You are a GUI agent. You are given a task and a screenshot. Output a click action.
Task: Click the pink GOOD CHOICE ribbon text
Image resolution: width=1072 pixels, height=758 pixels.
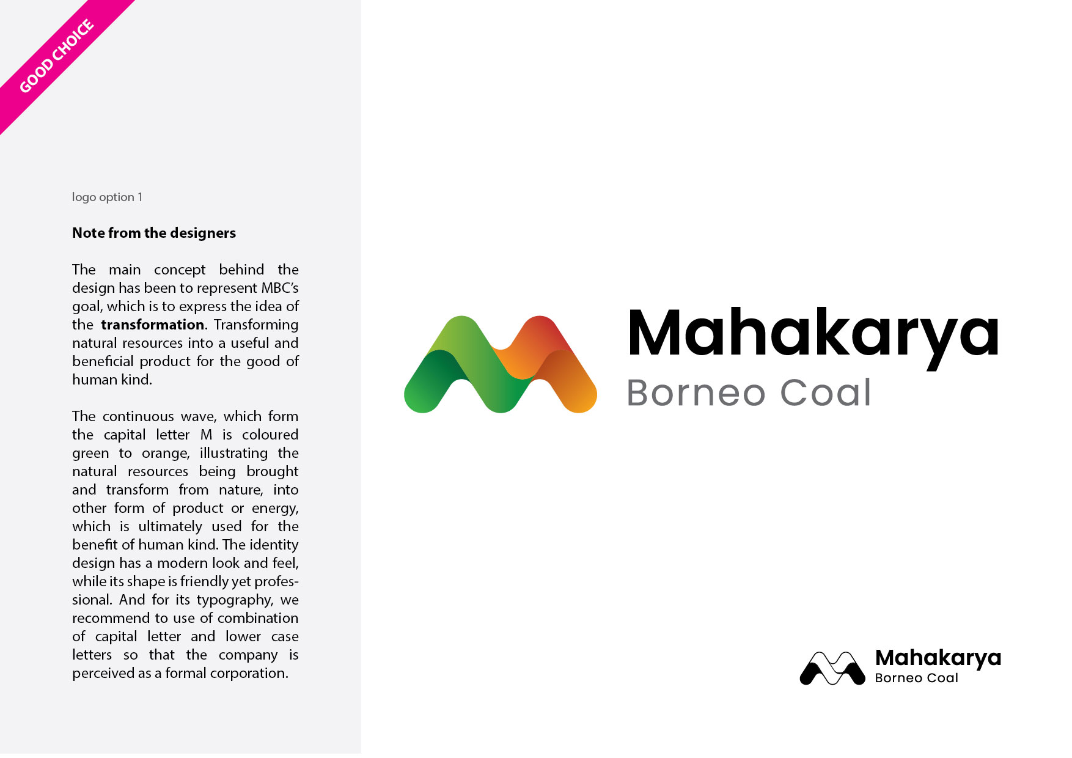click(x=57, y=56)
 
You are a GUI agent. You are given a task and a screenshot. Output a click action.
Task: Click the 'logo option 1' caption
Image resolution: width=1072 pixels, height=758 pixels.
click(x=107, y=197)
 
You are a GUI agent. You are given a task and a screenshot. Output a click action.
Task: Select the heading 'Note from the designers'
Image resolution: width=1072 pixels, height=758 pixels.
click(x=154, y=233)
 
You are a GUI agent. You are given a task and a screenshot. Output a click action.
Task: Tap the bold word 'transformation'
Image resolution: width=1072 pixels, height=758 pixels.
click(x=153, y=325)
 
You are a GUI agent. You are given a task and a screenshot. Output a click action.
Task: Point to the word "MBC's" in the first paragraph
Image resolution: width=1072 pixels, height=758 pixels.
click(x=280, y=288)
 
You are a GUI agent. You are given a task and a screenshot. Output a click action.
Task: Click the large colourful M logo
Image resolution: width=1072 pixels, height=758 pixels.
click(x=500, y=364)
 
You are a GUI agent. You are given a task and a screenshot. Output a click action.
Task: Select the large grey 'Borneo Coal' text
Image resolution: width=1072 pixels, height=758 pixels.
click(x=749, y=392)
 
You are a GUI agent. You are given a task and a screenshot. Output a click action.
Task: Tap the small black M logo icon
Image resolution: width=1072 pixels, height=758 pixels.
click(x=832, y=668)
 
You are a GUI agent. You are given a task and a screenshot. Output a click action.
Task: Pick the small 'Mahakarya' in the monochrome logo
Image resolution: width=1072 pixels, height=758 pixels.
click(x=938, y=658)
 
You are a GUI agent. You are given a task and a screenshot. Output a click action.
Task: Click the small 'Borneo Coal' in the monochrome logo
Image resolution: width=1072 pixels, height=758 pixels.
click(x=916, y=679)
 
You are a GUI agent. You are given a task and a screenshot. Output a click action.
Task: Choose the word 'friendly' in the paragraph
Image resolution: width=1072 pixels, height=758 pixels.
click(x=204, y=582)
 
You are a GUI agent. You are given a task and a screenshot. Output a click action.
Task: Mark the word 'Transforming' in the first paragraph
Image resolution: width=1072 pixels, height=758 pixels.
click(x=256, y=325)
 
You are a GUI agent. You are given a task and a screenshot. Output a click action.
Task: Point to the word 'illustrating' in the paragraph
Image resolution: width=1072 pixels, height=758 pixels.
click(x=233, y=454)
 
